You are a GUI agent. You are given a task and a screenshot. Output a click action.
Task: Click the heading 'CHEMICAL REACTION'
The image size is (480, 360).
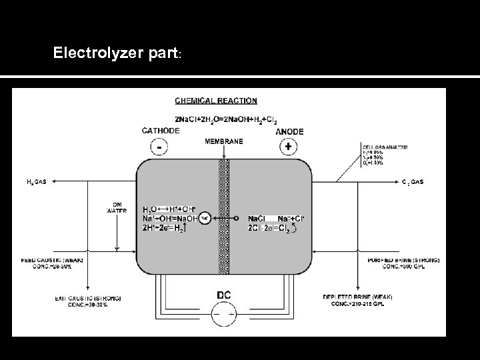(x=215, y=101)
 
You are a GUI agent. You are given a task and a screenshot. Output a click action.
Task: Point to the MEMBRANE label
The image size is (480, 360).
(x=223, y=141)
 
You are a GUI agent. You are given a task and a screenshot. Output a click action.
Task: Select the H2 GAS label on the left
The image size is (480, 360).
(x=36, y=181)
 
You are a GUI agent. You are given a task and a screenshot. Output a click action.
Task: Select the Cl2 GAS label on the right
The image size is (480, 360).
(x=413, y=181)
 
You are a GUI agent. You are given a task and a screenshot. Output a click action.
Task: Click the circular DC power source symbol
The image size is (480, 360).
(x=224, y=312)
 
